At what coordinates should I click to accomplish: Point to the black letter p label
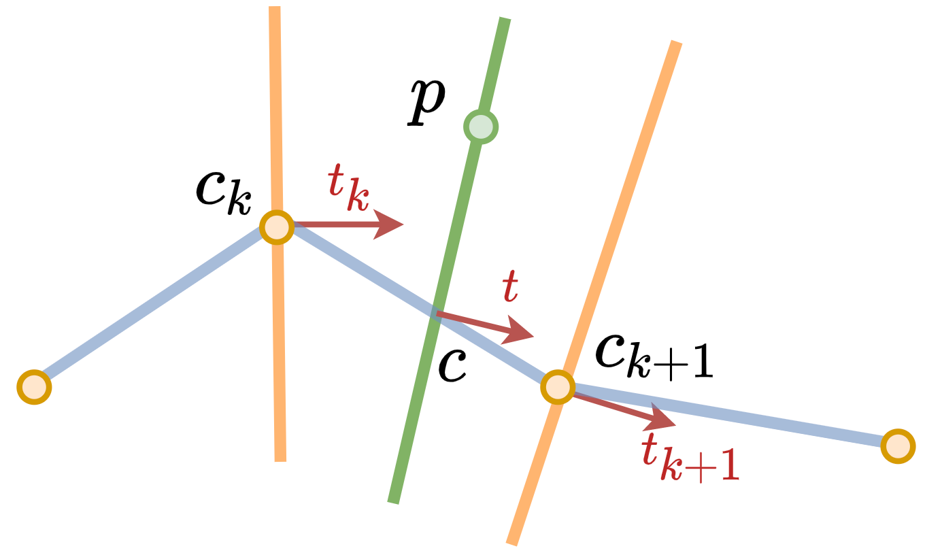click(426, 101)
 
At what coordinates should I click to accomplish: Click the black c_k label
click(224, 193)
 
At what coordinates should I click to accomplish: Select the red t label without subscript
click(510, 286)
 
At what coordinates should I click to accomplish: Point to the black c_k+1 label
click(654, 357)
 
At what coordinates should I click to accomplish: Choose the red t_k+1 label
click(690, 459)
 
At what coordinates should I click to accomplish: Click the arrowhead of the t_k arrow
click(388, 224)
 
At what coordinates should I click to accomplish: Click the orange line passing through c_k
click(277, 234)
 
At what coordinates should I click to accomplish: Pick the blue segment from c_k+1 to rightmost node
click(728, 417)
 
